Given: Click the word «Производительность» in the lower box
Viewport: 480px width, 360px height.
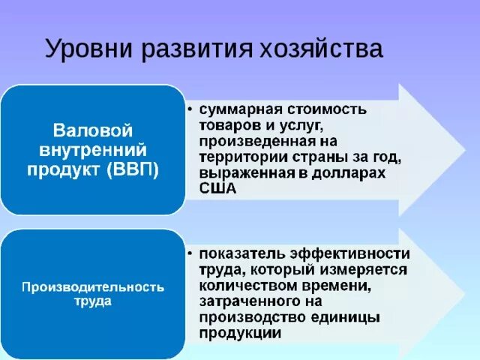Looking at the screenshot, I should coord(92,287).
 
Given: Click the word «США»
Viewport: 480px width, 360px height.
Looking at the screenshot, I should coord(217,188).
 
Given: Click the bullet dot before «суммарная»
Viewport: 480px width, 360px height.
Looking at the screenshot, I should coord(191,110).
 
